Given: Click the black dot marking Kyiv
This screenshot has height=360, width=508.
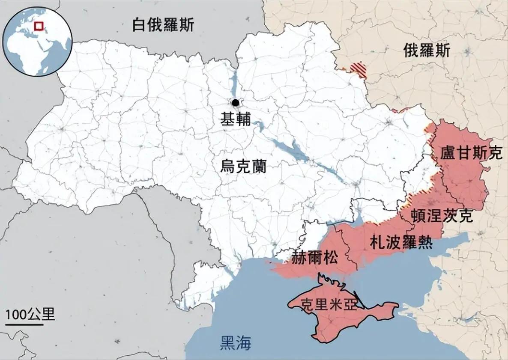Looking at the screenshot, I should [235, 102].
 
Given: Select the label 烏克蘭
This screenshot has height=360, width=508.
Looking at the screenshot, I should [243, 166].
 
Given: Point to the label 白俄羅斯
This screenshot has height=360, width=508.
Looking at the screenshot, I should [163, 25].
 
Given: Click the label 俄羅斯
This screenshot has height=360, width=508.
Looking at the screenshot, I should [426, 51].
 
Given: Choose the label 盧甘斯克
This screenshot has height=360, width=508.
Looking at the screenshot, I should [471, 153].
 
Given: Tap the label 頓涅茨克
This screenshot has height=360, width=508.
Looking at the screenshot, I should [442, 215].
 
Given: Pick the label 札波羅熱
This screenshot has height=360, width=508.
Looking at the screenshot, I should [401, 243].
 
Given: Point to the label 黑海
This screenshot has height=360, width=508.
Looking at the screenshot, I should [235, 343].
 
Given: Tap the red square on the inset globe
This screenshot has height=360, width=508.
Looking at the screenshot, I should [39, 26].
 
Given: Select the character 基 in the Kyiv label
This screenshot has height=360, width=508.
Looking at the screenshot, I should [227, 119].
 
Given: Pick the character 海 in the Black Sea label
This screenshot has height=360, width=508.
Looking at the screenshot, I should [243, 343].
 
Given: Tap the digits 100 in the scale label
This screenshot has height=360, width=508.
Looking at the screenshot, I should [16, 315].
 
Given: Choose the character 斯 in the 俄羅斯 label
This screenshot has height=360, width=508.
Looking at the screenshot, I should [442, 51].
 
